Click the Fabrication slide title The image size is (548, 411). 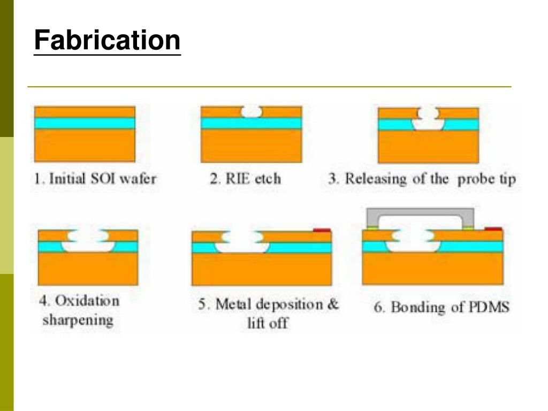point(107,41)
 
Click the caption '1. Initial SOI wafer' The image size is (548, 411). point(95,178)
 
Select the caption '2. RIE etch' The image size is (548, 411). point(245,178)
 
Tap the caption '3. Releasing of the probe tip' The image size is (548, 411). point(422,178)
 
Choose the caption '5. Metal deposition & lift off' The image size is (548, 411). point(269,314)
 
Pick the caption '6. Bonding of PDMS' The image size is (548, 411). point(442,307)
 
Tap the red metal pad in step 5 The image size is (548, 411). point(321,230)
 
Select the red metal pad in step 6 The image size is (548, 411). point(493,229)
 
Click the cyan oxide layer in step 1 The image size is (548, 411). point(85,123)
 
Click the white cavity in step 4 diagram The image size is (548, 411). point(88,240)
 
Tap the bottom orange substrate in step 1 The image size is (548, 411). point(85,146)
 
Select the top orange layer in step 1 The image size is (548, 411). point(85,112)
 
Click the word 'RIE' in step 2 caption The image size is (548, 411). point(238,178)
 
